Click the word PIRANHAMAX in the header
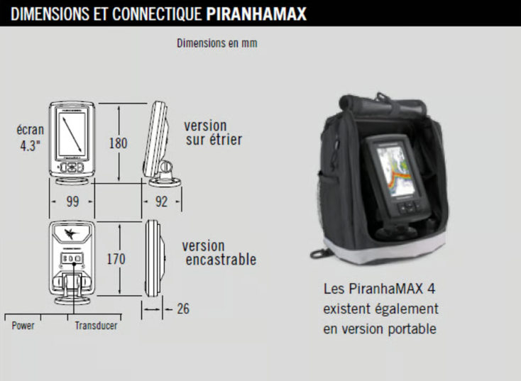(x=256, y=14)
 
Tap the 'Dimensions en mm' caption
(x=217, y=43)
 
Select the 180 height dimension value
(x=119, y=143)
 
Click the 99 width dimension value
(x=73, y=201)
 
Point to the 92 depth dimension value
(x=162, y=201)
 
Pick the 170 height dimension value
(x=116, y=259)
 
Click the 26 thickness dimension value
(x=183, y=309)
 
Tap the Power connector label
(x=23, y=326)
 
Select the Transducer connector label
(x=96, y=326)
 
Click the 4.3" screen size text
(x=31, y=146)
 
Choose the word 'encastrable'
(x=221, y=260)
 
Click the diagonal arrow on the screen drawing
(x=72, y=134)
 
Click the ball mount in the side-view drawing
(x=165, y=167)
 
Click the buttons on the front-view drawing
(x=72, y=167)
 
